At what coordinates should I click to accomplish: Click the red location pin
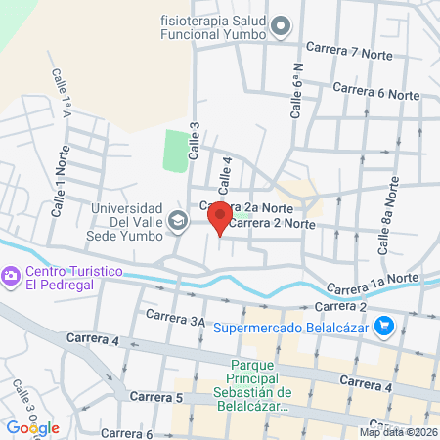220,218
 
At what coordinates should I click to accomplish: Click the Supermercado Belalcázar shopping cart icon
385,326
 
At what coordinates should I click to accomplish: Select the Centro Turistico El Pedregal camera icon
11,278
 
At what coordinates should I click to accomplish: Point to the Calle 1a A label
62,91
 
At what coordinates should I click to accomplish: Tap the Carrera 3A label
176,318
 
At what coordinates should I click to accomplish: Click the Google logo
32,427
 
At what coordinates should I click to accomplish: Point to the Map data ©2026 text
398,431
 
